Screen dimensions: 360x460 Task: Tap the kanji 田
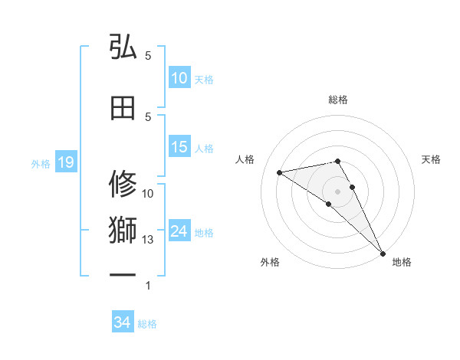click(x=123, y=108)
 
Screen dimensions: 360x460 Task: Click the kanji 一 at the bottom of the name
click(x=123, y=273)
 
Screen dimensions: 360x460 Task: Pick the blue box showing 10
click(x=179, y=78)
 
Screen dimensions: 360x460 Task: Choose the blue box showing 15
click(x=179, y=148)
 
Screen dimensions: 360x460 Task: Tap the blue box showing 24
click(x=179, y=231)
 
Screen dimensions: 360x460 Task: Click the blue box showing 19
click(x=65, y=162)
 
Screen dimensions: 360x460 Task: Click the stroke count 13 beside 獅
click(x=148, y=240)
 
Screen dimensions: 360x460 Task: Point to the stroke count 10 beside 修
click(x=148, y=194)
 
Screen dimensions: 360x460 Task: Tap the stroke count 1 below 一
click(x=148, y=286)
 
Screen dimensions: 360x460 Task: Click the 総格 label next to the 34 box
click(x=147, y=324)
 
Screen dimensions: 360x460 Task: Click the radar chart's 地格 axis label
click(x=402, y=262)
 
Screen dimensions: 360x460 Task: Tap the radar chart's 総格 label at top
click(x=337, y=100)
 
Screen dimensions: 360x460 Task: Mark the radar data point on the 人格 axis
click(x=280, y=172)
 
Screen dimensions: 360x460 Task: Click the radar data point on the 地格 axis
click(x=383, y=253)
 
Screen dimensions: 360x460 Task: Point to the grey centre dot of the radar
click(x=337, y=190)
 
